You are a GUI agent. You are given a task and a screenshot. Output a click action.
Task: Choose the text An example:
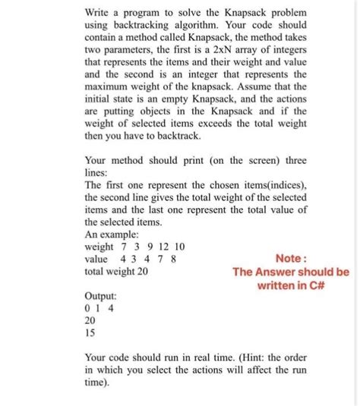[111, 235]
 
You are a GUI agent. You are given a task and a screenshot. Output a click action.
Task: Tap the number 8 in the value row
[175, 259]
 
